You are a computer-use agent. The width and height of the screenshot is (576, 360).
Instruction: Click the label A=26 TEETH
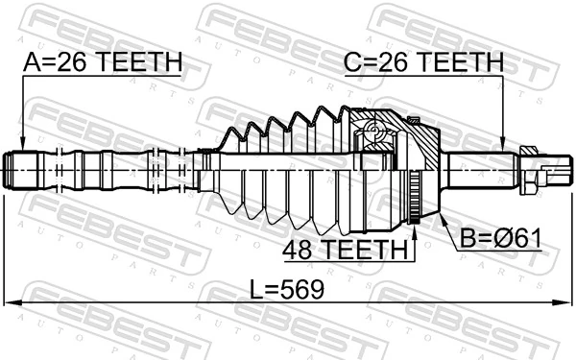pyautogui.click(x=103, y=61)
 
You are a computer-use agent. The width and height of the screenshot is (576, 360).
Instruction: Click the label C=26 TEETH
pyautogui.click(x=423, y=61)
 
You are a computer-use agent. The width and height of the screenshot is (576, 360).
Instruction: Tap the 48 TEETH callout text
pyautogui.click(x=345, y=249)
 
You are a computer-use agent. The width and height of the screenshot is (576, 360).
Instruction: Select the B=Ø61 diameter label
pyautogui.click(x=501, y=238)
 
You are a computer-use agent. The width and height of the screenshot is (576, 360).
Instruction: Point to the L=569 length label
pyautogui.click(x=287, y=289)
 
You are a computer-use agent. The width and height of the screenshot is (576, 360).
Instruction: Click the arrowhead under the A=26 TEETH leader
pyautogui.click(x=23, y=144)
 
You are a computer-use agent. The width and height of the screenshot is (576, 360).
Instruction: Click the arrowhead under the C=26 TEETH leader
pyautogui.click(x=502, y=144)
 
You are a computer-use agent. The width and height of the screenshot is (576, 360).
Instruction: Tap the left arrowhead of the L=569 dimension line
pyautogui.click(x=12, y=302)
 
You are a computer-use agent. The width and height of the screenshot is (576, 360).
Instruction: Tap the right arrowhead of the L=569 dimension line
pyautogui.click(x=564, y=302)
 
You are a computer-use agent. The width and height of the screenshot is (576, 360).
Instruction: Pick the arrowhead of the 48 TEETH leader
pyautogui.click(x=415, y=232)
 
